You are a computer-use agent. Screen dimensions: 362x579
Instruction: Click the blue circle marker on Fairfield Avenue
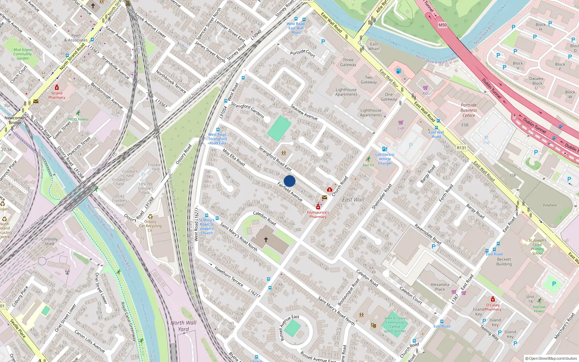[289, 181]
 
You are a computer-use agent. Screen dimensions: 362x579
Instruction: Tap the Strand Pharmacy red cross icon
[57, 88]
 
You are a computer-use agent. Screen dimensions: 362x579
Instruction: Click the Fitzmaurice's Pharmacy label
[318, 215]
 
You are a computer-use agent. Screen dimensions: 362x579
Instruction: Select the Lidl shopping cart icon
[401, 123]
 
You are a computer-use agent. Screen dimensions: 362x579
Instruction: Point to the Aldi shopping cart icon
[425, 88]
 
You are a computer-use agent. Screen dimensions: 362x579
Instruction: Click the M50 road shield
[443, 25]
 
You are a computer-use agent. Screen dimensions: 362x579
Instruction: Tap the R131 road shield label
[461, 148]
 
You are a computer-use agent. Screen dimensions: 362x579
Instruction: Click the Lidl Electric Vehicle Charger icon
[385, 149]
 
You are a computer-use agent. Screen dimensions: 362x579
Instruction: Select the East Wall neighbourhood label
[353, 199]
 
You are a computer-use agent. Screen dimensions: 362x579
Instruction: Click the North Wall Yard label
[183, 326]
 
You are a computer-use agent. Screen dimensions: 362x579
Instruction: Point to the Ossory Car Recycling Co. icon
[150, 216]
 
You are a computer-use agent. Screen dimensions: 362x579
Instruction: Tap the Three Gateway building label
[348, 62]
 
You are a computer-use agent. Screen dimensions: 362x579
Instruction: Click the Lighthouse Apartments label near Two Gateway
[346, 92]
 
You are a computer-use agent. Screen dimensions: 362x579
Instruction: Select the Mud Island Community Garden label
[22, 54]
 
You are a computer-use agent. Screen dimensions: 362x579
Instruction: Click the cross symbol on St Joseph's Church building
[266, 240]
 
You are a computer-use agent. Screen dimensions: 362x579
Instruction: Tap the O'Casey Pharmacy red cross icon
[493, 299]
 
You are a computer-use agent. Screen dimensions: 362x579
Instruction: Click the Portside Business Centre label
[469, 110]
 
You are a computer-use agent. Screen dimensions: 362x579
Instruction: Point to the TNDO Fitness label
[78, 119]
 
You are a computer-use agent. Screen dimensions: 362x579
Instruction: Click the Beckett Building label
[504, 262]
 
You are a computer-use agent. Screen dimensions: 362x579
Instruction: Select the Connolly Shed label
[50, 241]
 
